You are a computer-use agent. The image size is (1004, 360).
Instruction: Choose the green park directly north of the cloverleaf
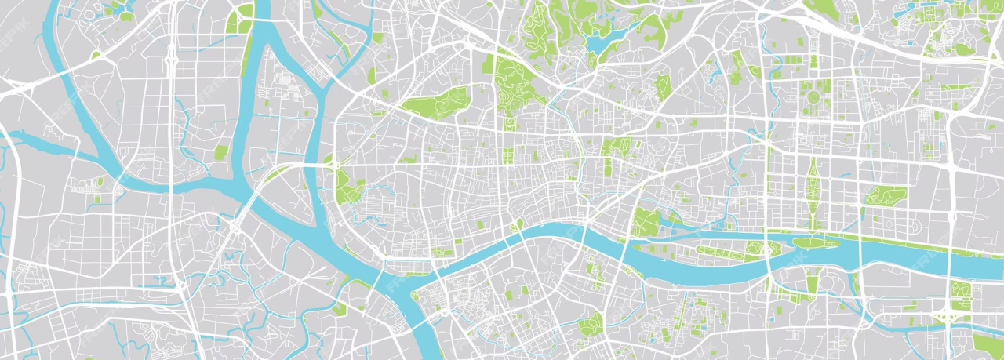pyautogui.click(x=960, y=290)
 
